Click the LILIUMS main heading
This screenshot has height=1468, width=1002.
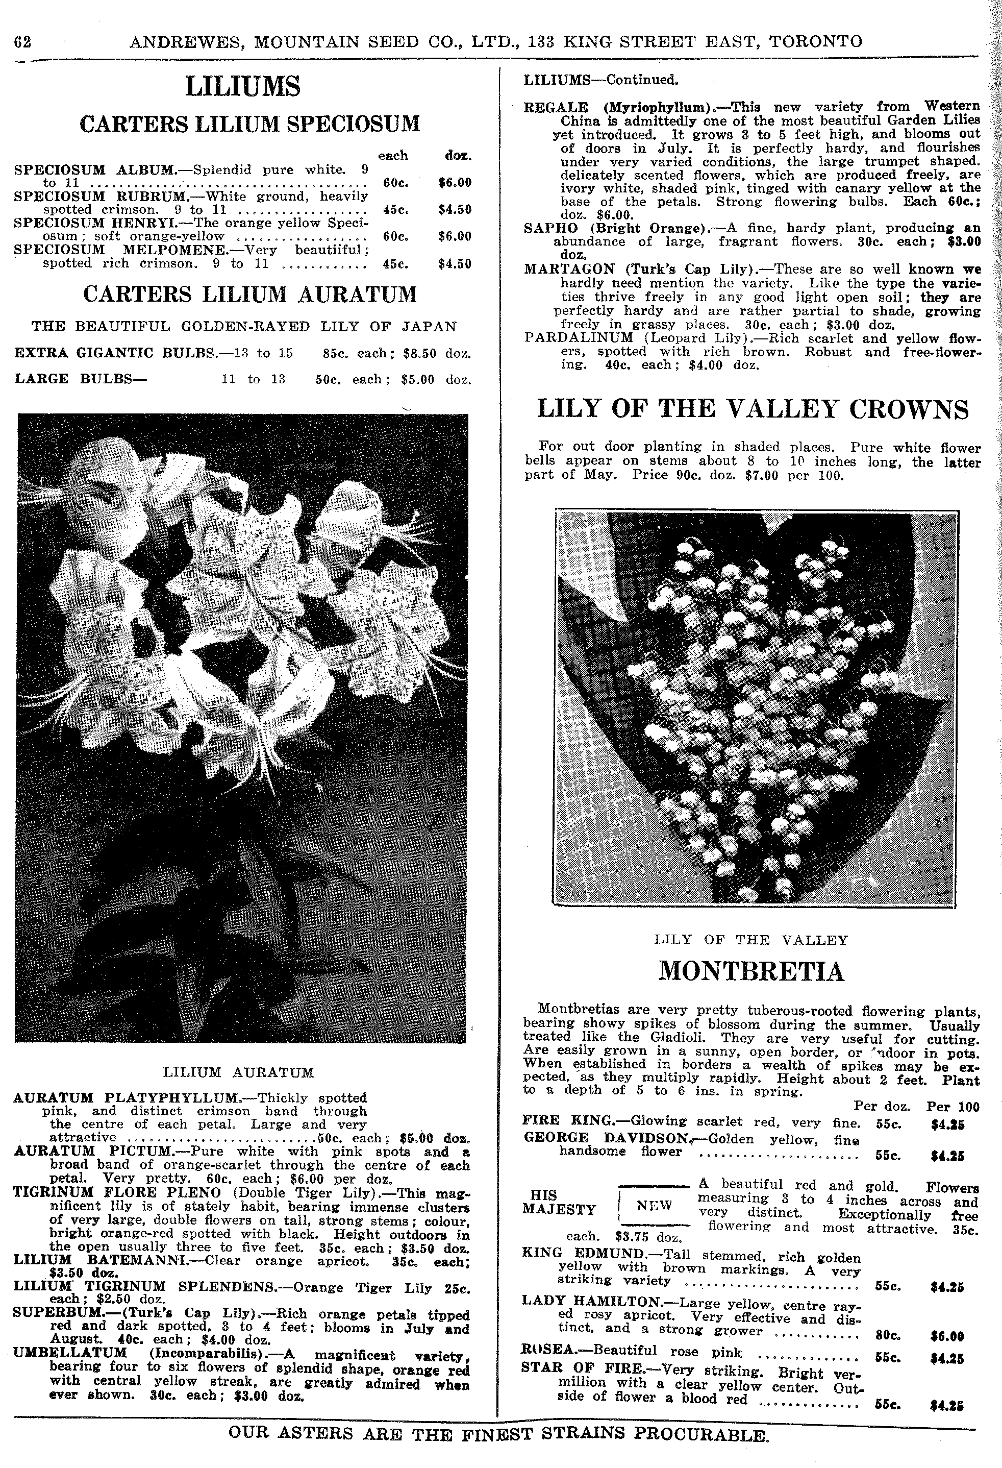pos(243,87)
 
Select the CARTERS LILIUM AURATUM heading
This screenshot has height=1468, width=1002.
pos(250,295)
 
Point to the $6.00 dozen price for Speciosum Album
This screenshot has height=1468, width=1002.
pos(455,183)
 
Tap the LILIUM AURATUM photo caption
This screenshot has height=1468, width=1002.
pos(238,1072)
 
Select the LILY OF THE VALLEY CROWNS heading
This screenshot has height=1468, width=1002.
pos(753,409)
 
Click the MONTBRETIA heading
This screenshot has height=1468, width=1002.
pos(752,971)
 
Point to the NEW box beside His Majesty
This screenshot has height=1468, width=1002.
pos(654,1205)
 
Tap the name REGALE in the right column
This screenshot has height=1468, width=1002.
pos(556,107)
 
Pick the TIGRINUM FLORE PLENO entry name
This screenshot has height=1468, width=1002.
pos(117,1192)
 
